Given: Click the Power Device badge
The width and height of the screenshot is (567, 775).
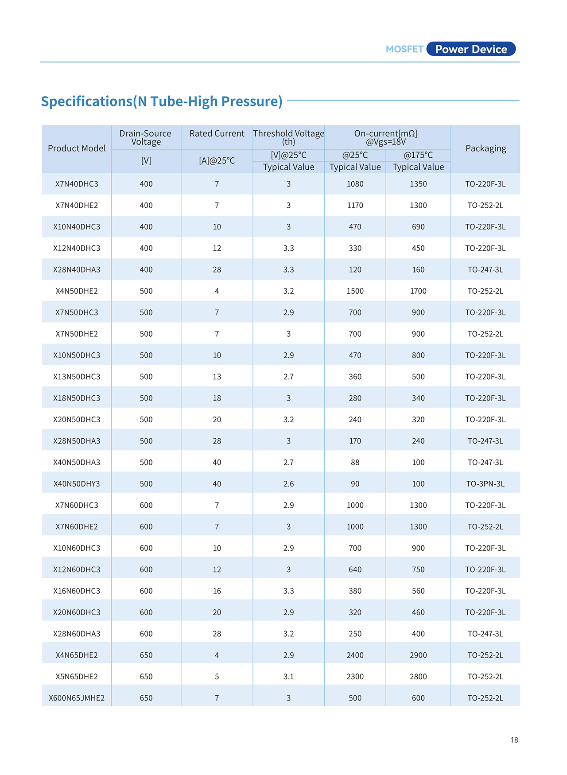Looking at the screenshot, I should tap(471, 49).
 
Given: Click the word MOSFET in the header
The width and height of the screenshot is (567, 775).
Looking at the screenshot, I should tap(404, 49).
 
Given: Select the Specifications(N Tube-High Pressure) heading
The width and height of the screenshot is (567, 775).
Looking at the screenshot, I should tap(162, 101).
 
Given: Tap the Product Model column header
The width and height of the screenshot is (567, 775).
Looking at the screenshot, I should tap(77, 148).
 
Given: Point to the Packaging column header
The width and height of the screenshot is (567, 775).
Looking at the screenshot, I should tap(485, 148).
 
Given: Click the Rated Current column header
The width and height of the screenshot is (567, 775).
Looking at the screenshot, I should tap(217, 133).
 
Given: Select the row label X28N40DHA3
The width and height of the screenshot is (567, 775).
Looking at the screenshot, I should tap(77, 269).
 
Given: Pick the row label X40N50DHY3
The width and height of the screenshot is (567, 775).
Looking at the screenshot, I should tap(77, 484).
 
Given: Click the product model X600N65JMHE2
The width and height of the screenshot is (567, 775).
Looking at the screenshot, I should tap(77, 698).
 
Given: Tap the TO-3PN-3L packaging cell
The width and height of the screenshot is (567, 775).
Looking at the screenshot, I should tap(485, 484).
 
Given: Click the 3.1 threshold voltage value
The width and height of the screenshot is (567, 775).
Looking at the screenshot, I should tap(288, 677).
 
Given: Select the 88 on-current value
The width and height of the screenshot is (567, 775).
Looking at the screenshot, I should tap(355, 462).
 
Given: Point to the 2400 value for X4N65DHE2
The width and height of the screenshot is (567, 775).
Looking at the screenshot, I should tap(355, 655).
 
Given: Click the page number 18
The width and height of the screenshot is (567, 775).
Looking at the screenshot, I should tap(514, 740).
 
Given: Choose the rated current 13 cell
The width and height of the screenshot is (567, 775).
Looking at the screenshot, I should tap(217, 377).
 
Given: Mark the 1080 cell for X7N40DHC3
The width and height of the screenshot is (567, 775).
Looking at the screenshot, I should tap(355, 184).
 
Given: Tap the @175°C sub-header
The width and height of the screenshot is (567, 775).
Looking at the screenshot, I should tap(418, 155).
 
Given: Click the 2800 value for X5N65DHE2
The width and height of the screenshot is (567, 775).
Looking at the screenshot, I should tap(418, 677).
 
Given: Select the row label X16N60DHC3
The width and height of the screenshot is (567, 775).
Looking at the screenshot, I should tap(77, 591).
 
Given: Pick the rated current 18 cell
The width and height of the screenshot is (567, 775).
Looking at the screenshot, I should tap(217, 398).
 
